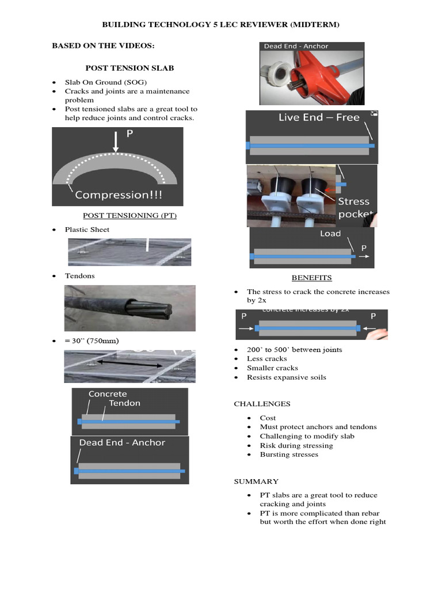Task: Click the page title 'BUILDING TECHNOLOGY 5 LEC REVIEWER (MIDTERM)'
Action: click(220, 25)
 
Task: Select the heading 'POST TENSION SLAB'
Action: click(129, 68)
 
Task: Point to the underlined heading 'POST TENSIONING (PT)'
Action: click(129, 215)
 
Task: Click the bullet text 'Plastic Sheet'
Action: click(87, 230)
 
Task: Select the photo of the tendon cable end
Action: click(129, 308)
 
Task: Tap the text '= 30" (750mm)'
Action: click(92, 341)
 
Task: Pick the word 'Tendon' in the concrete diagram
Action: click(124, 403)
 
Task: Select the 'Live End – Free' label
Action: click(319, 117)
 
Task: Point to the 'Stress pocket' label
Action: click(353, 208)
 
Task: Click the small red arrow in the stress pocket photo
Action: click(330, 189)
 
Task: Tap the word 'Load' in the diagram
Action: click(330, 234)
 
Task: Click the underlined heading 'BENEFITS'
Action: click(311, 278)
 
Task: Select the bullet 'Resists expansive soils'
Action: click(286, 377)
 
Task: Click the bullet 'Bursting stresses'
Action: click(288, 454)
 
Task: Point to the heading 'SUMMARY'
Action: click(256, 481)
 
